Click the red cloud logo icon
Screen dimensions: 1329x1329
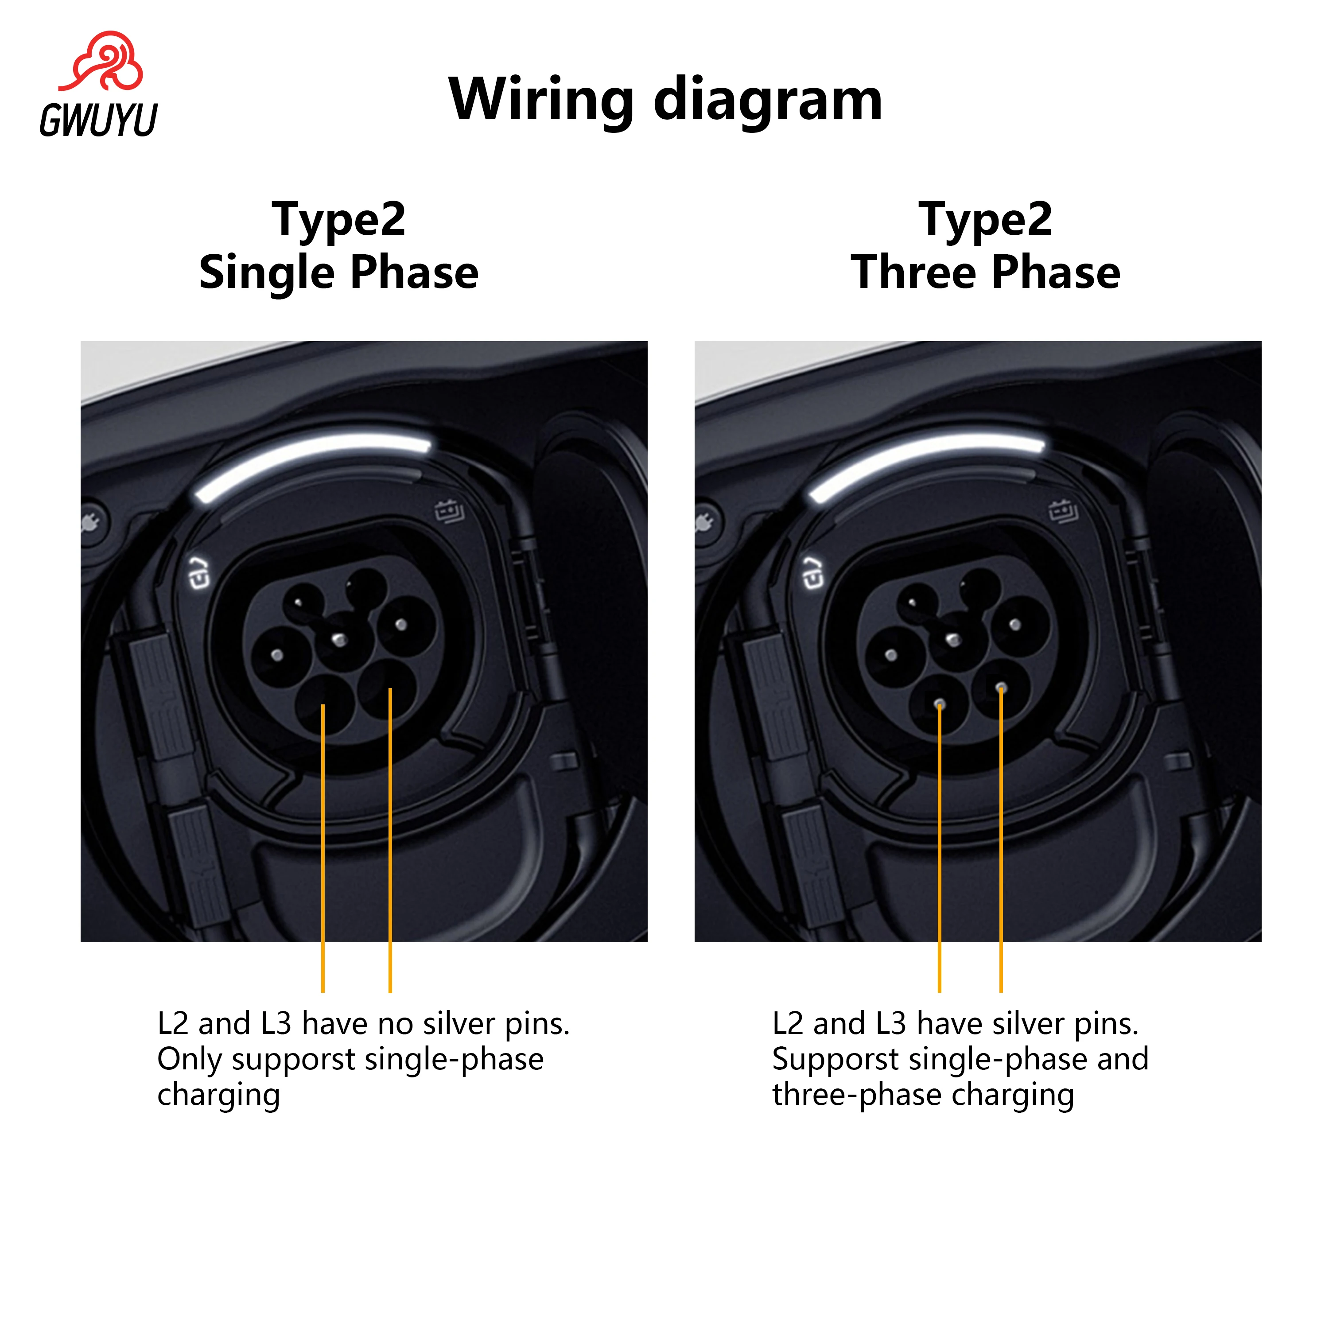[x=103, y=62]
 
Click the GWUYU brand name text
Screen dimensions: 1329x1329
[x=98, y=120]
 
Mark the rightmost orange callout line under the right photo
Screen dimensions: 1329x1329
[x=1001, y=839]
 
